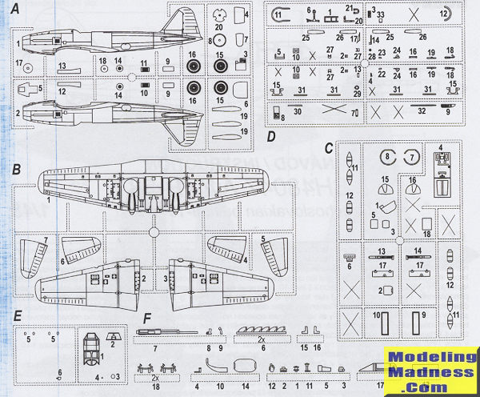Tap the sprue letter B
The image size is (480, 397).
coord(16,170)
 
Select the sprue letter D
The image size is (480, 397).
coord(271,136)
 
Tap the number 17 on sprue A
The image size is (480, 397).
coord(18,62)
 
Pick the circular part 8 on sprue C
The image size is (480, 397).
coord(386,156)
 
